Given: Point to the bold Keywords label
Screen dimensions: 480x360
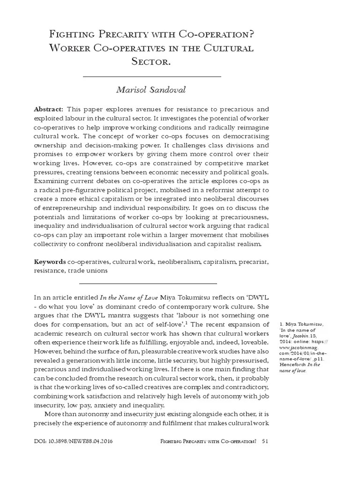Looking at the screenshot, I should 50,262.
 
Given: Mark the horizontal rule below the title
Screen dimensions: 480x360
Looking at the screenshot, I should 151,76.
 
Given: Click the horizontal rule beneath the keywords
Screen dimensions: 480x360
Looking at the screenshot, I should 148,283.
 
